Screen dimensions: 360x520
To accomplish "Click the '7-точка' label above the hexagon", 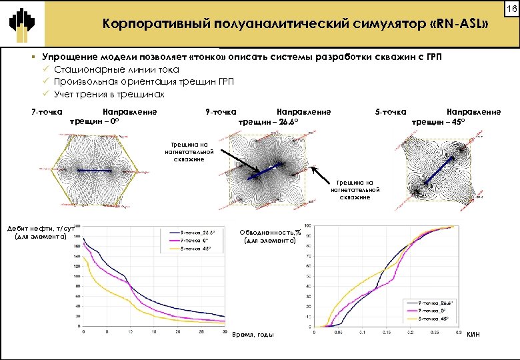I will (47, 112).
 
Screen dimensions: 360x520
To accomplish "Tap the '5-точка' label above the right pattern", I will (391, 112).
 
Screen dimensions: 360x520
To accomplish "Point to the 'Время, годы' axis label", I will (253, 333).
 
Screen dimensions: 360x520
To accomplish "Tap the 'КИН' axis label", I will (475, 333).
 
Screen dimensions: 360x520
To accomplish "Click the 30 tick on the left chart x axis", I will (225, 331).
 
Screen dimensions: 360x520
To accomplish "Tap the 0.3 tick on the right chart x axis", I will (457, 331).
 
